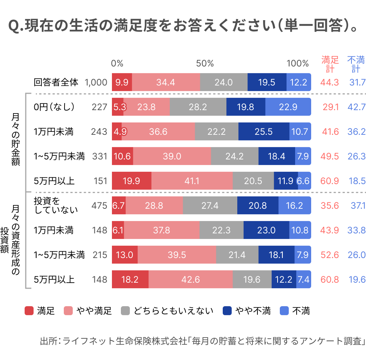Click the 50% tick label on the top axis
205,63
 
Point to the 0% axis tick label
117,63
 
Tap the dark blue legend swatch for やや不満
227,311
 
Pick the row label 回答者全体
56,82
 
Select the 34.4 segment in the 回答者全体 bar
166,82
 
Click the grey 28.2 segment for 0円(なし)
198,107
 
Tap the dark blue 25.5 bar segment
263,131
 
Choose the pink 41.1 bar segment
192,181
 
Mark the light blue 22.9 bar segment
288,107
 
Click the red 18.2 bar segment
130,279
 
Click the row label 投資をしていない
56,205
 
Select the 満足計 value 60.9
330,181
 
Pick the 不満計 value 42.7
356,107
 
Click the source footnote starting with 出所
202,341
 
